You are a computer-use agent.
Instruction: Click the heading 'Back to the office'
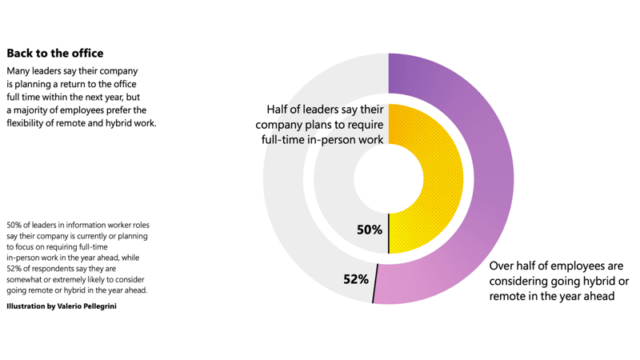click(55, 54)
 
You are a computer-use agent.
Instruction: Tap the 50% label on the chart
click(370, 230)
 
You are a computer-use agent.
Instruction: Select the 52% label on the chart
click(356, 279)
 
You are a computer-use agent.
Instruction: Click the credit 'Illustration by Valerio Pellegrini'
click(62, 306)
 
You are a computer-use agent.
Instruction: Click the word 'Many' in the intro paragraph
click(21, 71)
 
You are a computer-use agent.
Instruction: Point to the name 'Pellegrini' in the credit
click(98, 306)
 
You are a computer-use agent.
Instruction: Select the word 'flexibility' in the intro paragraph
click(30, 122)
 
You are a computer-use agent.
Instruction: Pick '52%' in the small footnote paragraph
click(16, 269)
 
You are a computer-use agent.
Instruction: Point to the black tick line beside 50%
click(389, 234)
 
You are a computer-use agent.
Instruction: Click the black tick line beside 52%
click(375, 283)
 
